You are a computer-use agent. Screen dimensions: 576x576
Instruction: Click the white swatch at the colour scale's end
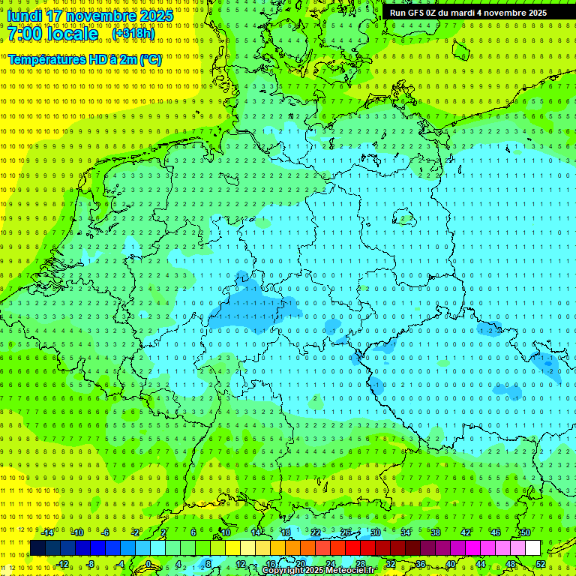[533, 548]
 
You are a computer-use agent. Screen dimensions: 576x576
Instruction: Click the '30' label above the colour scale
[375, 532]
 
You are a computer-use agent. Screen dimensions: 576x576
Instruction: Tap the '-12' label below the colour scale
[62, 564]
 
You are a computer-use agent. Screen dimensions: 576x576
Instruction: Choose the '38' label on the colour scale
[435, 532]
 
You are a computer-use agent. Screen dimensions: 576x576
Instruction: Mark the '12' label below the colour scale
[241, 564]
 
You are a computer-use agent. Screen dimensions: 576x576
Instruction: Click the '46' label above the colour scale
[495, 532]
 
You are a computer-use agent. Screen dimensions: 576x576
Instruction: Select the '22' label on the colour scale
[316, 532]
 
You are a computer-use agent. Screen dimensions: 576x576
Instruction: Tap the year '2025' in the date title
[156, 16]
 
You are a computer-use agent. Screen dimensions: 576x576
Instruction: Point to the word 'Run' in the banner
[398, 13]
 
